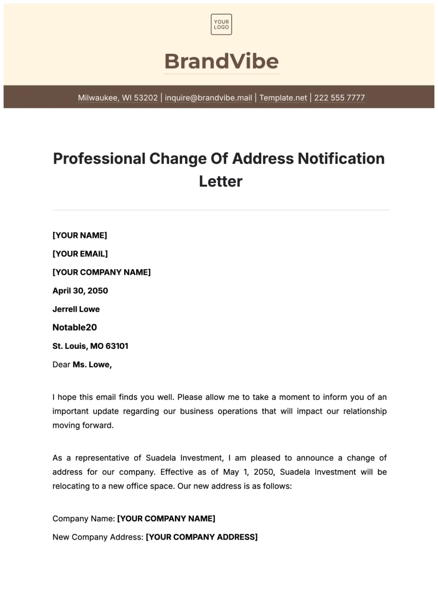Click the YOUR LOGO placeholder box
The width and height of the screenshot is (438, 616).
[221, 24]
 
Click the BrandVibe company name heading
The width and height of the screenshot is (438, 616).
[221, 61]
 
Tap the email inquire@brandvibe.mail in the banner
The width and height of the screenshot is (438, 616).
[208, 98]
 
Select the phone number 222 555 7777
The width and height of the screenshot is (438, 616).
[339, 98]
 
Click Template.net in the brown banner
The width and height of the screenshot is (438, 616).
[283, 98]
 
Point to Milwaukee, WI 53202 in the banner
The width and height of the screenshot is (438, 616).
[118, 98]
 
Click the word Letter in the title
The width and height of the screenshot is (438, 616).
[220, 181]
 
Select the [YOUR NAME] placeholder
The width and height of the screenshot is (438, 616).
[80, 235]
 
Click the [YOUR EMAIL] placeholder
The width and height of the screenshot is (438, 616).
[80, 254]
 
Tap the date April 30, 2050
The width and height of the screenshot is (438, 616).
[80, 291]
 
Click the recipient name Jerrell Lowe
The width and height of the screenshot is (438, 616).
[76, 309]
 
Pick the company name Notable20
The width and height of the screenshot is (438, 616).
[75, 327]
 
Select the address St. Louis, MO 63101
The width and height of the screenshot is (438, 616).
[90, 346]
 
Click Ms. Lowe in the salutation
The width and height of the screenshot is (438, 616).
[92, 365]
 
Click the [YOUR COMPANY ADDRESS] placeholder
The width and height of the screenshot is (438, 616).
[202, 537]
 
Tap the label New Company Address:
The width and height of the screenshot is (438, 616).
[98, 537]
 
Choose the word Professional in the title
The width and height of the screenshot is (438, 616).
[99, 159]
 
